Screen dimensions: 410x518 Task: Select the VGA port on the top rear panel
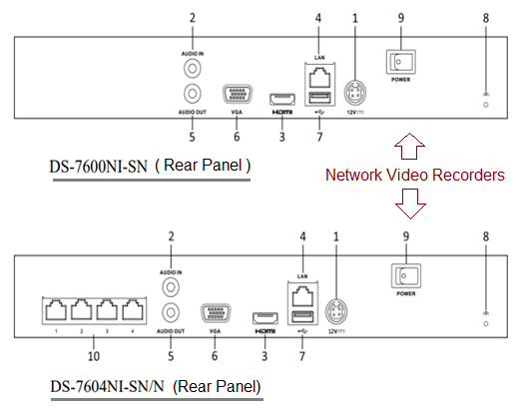(x=237, y=96)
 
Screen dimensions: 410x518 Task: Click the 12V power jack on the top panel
(x=352, y=92)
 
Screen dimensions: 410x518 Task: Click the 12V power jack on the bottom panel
(x=335, y=308)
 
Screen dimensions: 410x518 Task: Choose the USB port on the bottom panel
(x=298, y=318)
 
